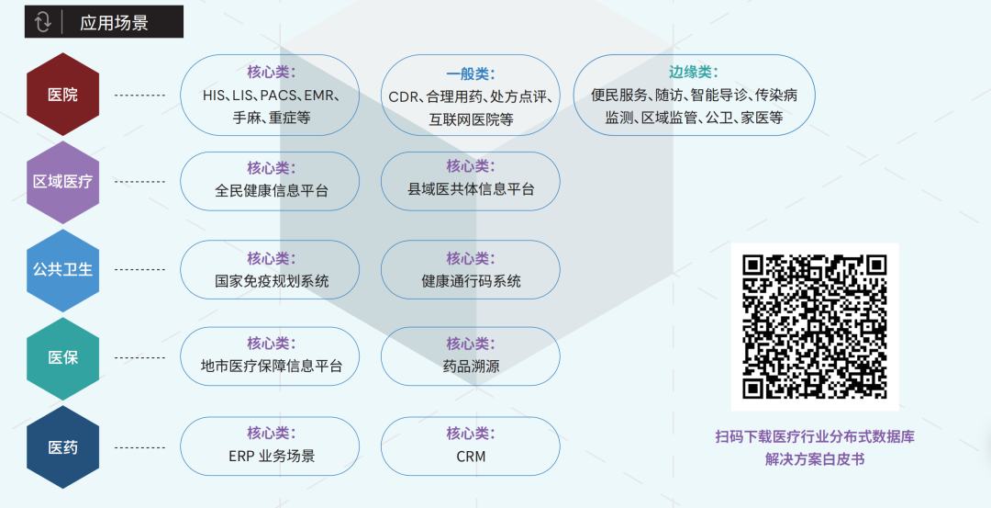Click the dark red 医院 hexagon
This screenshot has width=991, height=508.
point(62,95)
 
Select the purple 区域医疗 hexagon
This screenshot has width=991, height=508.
point(62,182)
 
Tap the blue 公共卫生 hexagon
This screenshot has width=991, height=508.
point(62,269)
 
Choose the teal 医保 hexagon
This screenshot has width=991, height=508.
point(62,358)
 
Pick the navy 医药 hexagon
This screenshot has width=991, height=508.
point(62,447)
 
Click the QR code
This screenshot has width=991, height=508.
point(815,327)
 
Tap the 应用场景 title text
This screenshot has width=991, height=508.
point(114,23)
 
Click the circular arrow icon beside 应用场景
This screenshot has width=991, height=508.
point(43,22)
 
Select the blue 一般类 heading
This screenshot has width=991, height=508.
point(471,74)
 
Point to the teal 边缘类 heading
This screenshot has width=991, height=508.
point(694,73)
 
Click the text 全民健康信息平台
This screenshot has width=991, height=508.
point(272,190)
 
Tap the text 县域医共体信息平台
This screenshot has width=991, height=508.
point(471,189)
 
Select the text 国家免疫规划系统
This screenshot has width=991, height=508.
point(272,281)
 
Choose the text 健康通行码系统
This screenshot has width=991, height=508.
point(471,281)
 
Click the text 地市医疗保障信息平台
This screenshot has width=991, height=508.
point(272,366)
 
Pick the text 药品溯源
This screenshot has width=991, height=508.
point(471,367)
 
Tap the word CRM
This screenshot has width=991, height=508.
point(471,457)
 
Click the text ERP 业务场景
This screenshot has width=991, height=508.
point(272,456)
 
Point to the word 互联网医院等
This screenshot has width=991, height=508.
point(471,119)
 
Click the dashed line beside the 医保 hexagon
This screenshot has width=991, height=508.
point(139,358)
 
